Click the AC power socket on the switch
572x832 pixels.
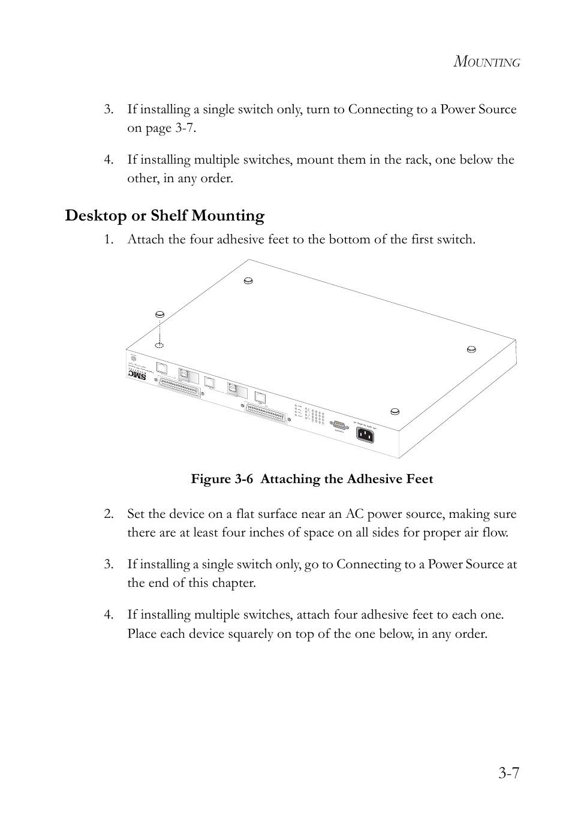(x=365, y=435)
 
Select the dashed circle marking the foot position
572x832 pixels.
(x=159, y=345)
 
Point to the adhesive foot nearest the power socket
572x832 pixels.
(x=395, y=411)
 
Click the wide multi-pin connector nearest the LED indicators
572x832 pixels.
(x=267, y=414)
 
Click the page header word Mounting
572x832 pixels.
(x=486, y=62)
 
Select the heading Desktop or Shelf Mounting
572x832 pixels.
(x=165, y=216)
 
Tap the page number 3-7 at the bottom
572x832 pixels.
(x=508, y=773)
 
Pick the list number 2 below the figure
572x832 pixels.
(x=109, y=514)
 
